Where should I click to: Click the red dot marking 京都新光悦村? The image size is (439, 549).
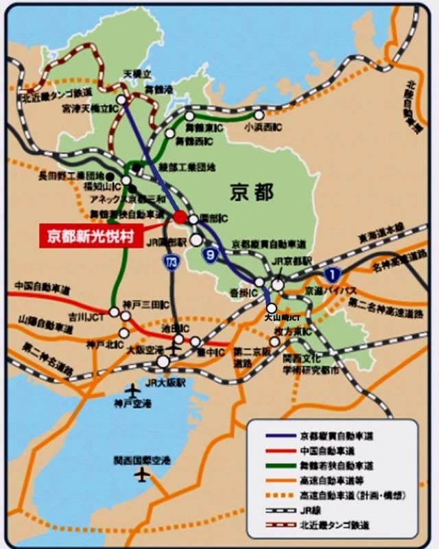point(180,217)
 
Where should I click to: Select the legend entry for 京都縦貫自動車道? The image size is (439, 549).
point(332,435)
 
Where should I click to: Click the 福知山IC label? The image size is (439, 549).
point(98,185)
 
